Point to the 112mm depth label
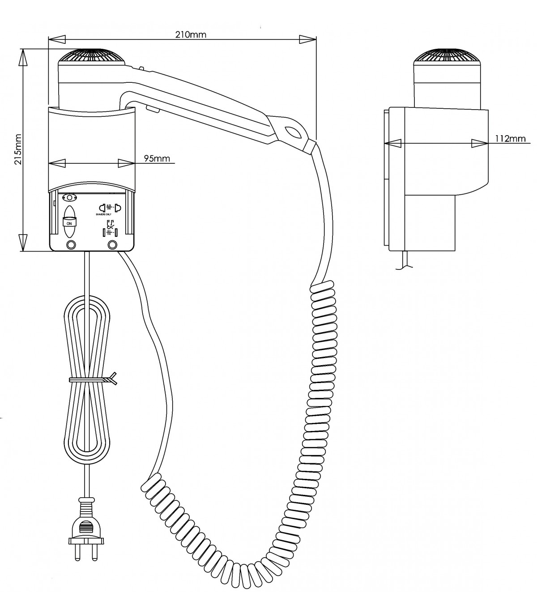pyautogui.click(x=510, y=138)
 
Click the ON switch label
pyautogui.click(x=69, y=222)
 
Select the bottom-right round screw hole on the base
pyautogui.click(x=112, y=244)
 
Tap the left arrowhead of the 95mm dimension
pyautogui.click(x=56, y=163)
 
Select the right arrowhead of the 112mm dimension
pyautogui.click(x=478, y=143)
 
